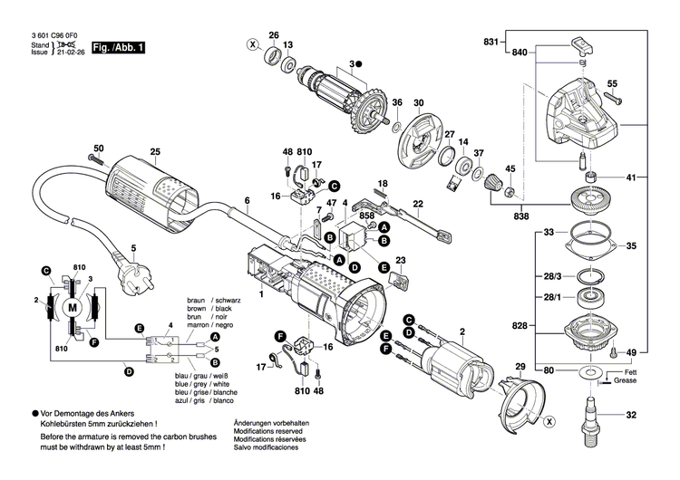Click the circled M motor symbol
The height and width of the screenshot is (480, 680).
pos(70,308)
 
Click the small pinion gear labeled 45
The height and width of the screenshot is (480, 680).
pos(510,191)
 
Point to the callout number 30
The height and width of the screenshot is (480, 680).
pos(419,102)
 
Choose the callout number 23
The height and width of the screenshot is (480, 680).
pos(401,261)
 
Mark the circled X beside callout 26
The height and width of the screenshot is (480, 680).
pos(252,44)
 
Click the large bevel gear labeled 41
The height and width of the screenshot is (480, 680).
pos(590,200)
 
